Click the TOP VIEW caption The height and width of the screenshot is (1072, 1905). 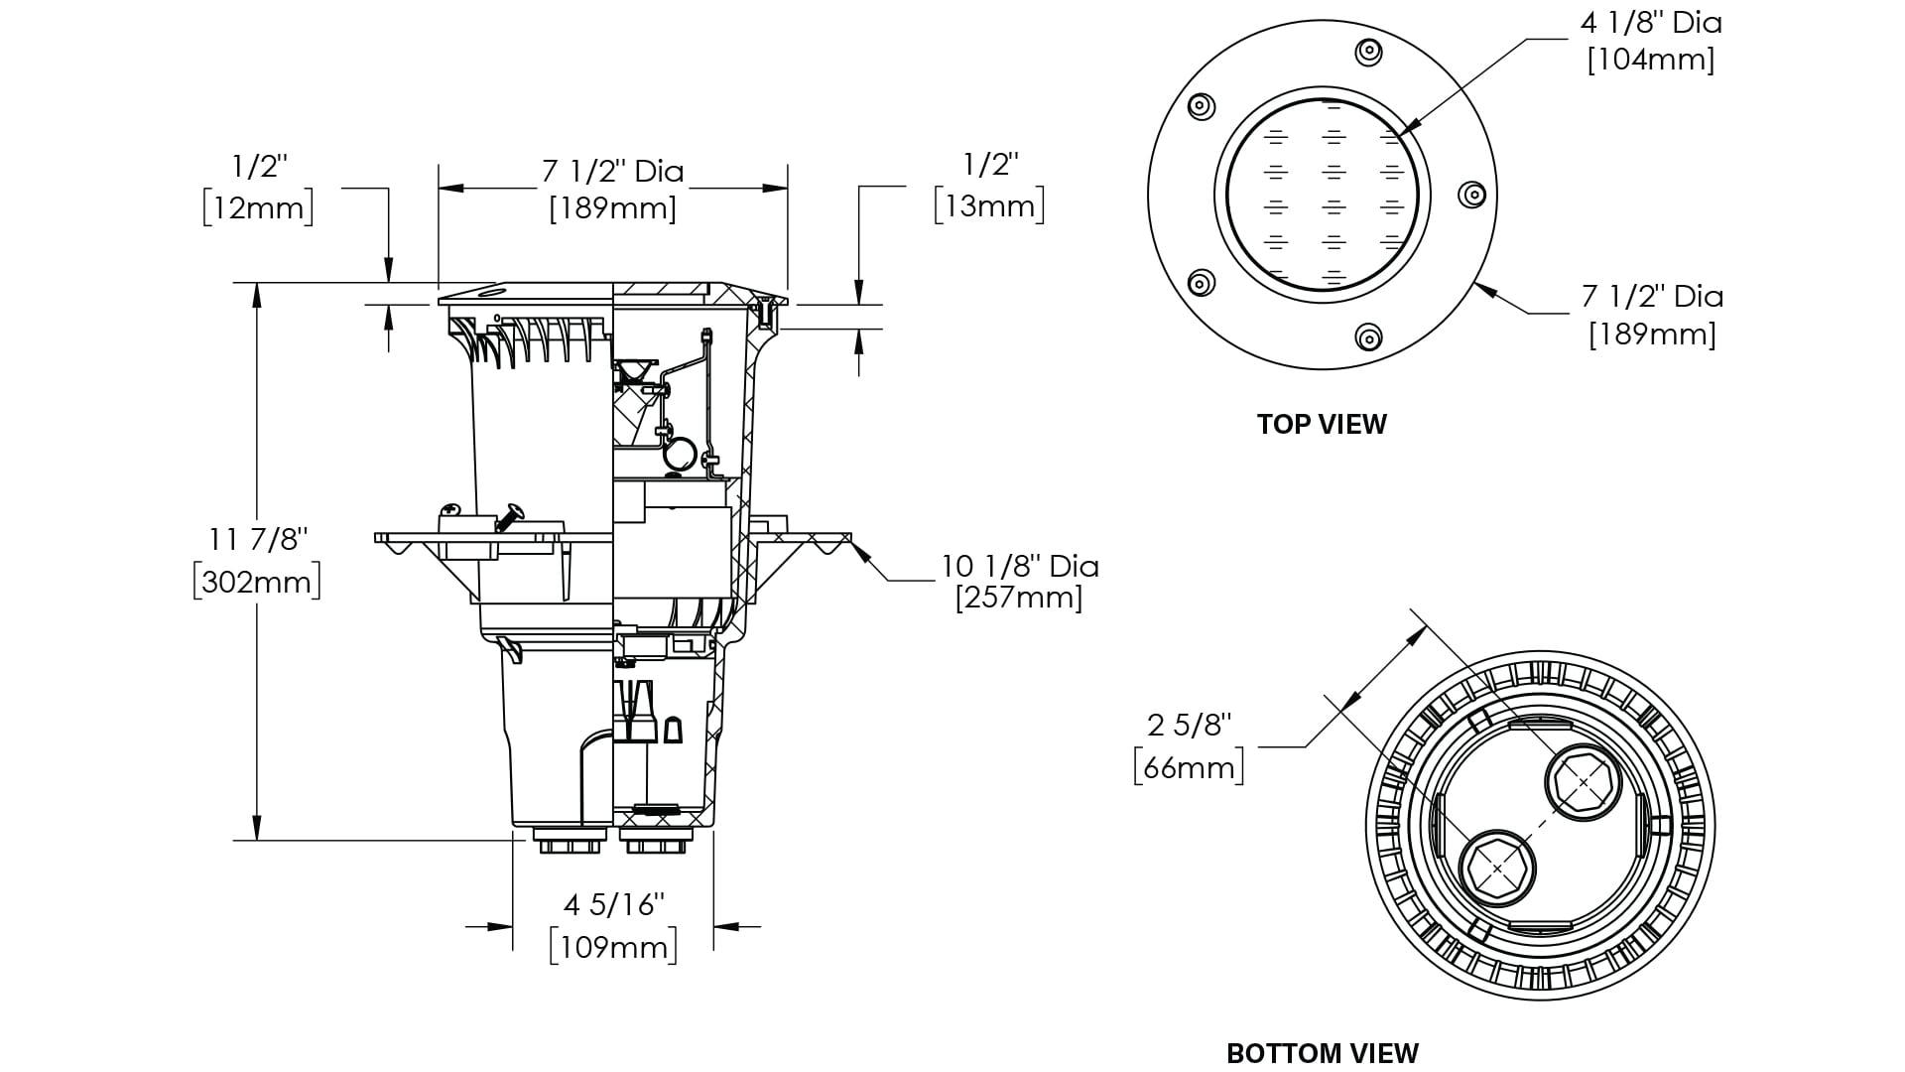tap(1322, 424)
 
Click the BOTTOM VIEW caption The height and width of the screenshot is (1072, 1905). tap(1323, 1053)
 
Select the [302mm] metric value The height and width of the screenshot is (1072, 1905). tap(257, 581)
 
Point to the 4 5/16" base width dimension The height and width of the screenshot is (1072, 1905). tap(613, 905)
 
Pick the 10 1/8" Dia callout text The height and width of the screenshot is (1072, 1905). tap(1020, 566)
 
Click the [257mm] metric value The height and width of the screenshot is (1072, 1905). tap(1019, 598)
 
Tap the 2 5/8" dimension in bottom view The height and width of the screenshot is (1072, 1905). tap(1190, 726)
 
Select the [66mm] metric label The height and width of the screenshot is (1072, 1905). tap(1189, 767)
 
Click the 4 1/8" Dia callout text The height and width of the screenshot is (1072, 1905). tap(1651, 23)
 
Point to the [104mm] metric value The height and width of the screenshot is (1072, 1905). tap(1651, 60)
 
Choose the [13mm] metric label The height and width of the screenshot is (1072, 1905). tap(989, 206)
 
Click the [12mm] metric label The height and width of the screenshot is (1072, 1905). tap(258, 208)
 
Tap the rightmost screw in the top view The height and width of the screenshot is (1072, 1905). tap(1471, 195)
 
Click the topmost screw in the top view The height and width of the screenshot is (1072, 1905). tap(1368, 52)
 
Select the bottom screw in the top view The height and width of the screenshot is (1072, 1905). tap(1368, 337)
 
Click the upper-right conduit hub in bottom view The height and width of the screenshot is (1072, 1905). tap(1584, 783)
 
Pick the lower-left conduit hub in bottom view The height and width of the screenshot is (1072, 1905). tap(1496, 868)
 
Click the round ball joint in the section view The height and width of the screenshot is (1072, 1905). tap(680, 455)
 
